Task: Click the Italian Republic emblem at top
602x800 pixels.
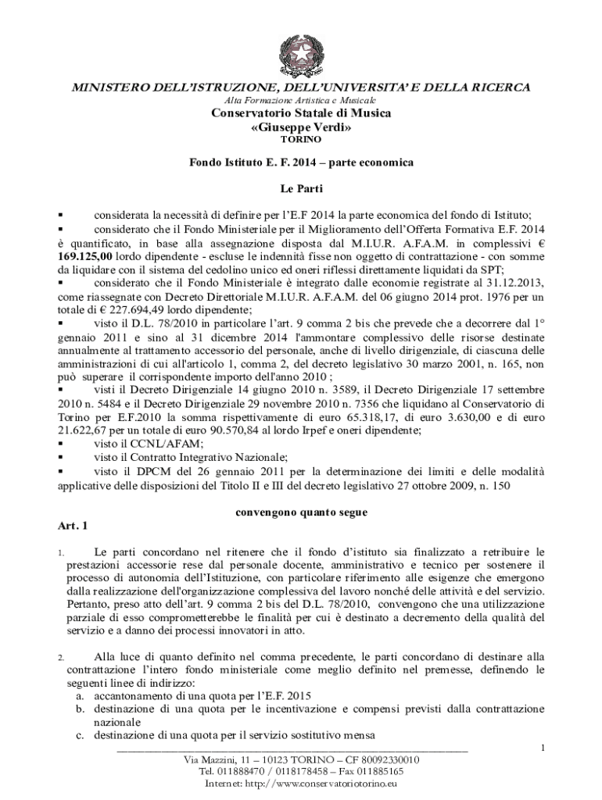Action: (x=301, y=53)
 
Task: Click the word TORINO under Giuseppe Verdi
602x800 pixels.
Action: (x=301, y=140)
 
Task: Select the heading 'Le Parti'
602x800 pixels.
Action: (x=301, y=188)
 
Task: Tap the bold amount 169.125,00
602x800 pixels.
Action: (x=85, y=255)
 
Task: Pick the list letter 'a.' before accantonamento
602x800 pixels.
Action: (x=80, y=695)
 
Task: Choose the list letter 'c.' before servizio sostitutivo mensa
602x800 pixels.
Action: (x=80, y=735)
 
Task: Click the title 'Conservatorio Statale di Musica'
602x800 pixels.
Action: (x=301, y=113)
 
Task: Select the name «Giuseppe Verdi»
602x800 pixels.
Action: (x=301, y=127)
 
